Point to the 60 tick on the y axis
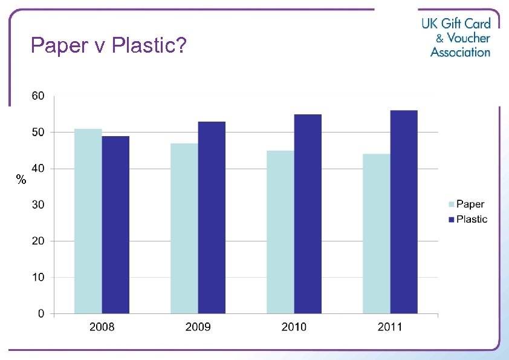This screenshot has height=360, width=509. click(37, 96)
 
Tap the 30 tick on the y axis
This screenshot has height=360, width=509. click(37, 205)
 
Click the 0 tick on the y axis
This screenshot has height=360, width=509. click(41, 313)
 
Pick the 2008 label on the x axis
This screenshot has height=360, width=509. click(102, 327)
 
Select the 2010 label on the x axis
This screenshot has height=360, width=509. click(294, 327)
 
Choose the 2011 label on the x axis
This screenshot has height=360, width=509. click(390, 327)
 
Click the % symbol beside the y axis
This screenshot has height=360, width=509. click(21, 180)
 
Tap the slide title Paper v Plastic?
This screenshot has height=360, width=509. click(108, 45)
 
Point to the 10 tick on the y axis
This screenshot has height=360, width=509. click(37, 277)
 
